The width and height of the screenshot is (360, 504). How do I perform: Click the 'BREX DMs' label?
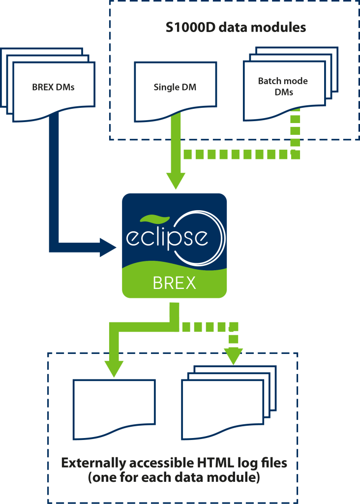point(53,88)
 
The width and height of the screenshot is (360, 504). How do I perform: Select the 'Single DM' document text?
point(175,88)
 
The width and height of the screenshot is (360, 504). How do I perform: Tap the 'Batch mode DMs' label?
point(283,86)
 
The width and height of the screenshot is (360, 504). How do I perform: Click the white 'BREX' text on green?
point(174,283)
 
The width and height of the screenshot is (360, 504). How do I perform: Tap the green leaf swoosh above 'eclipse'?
point(155,219)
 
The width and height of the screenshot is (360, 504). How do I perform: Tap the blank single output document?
point(114,406)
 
